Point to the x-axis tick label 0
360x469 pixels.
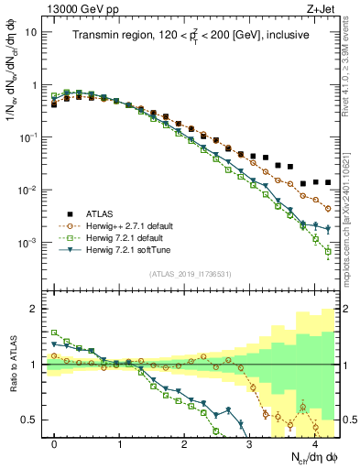pyautogui.click(x=55, y=442)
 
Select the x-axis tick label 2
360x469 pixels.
pyautogui.click(x=184, y=442)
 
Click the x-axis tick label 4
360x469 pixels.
pyautogui.click(x=314, y=442)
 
